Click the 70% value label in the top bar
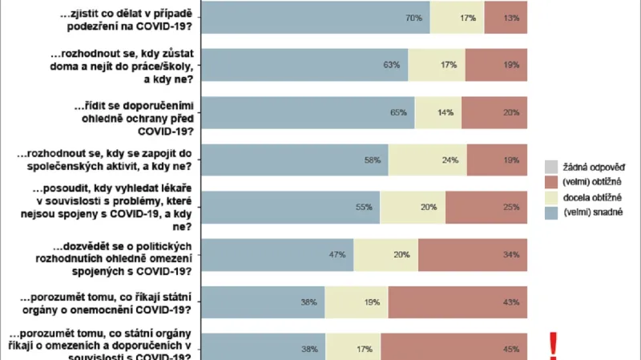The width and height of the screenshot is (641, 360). pyautogui.click(x=413, y=18)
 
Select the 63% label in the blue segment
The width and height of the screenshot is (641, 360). pyautogui.click(x=391, y=65)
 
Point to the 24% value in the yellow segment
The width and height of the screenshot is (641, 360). pyautogui.click(x=450, y=160)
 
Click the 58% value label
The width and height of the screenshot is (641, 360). pyautogui.click(x=371, y=160)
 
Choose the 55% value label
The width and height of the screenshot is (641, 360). pyautogui.click(x=364, y=208)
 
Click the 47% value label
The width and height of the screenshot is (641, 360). pyautogui.click(x=337, y=255)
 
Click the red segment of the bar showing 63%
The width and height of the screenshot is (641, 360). pyautogui.click(x=496, y=65)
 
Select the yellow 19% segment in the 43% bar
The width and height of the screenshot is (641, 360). pyautogui.click(x=356, y=302)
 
